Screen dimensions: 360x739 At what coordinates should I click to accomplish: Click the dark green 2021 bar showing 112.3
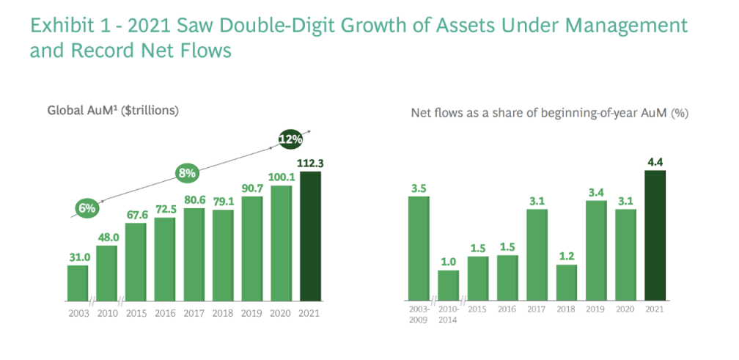coord(311,236)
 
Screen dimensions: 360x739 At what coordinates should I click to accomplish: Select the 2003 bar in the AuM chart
coord(78,283)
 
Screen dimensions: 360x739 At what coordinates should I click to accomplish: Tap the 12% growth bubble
coord(290,139)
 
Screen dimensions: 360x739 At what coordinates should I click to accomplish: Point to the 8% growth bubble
coord(187,174)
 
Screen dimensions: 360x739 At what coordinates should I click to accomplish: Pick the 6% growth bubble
coord(87,207)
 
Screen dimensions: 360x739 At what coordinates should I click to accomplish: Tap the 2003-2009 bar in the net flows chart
coord(419,248)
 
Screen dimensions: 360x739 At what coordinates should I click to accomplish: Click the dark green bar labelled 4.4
coord(654,235)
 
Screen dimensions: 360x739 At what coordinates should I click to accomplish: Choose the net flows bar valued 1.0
coord(448,285)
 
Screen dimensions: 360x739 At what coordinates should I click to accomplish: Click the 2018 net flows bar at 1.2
coord(566,282)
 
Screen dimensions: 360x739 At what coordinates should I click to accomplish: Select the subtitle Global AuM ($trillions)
coord(114,111)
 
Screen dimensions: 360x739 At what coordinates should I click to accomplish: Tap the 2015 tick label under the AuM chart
coord(136,313)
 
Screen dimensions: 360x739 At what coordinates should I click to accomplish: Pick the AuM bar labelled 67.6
coord(136,262)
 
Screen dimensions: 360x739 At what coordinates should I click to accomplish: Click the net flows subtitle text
coord(549,114)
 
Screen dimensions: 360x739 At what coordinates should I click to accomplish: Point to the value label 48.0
coord(107,238)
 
